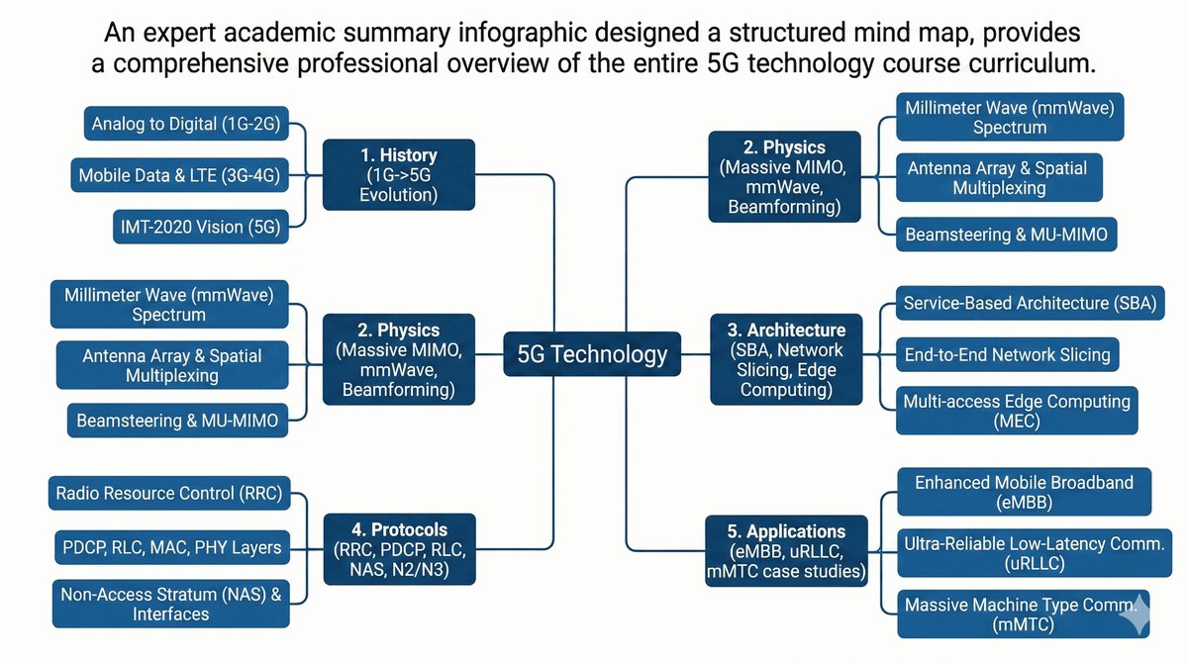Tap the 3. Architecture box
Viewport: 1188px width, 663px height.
pyautogui.click(x=781, y=359)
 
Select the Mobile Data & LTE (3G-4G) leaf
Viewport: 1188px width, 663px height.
pyautogui.click(x=180, y=177)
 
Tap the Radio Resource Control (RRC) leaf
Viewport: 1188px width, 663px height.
pyautogui.click(x=169, y=493)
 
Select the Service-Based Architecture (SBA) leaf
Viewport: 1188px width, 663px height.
pyautogui.click(x=1030, y=303)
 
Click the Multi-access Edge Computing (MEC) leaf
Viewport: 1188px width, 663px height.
pyautogui.click(x=1017, y=412)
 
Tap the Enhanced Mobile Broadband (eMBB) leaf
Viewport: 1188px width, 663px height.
pyautogui.click(x=1024, y=492)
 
